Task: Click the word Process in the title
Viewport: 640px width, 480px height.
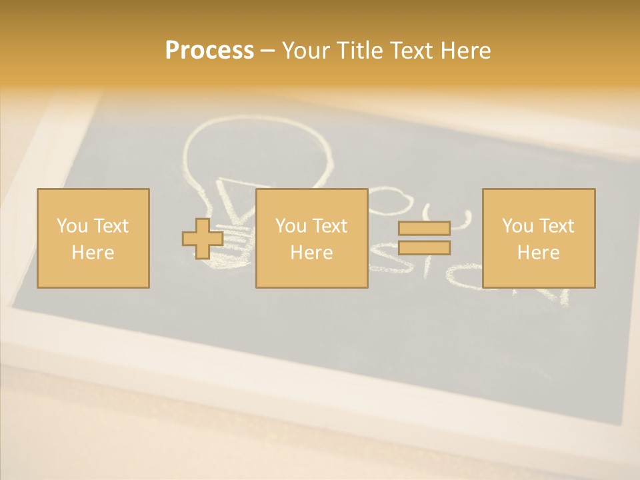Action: (x=209, y=51)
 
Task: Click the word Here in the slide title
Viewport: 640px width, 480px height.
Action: (x=465, y=51)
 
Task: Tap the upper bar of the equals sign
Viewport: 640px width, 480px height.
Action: (x=424, y=229)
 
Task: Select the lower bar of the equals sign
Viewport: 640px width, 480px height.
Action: (x=424, y=248)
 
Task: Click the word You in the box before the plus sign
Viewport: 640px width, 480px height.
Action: (x=71, y=226)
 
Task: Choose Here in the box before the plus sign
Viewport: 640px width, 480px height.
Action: (x=93, y=253)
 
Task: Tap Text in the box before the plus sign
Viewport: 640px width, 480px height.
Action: (x=110, y=226)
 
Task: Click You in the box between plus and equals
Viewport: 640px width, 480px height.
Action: (x=290, y=226)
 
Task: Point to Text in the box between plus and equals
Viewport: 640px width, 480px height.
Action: (x=329, y=226)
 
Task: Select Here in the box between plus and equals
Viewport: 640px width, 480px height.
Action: (x=311, y=253)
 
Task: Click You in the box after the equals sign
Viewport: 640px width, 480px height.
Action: (x=517, y=226)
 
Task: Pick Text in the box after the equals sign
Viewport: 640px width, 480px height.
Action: (x=556, y=226)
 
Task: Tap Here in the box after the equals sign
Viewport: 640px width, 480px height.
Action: (x=538, y=253)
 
